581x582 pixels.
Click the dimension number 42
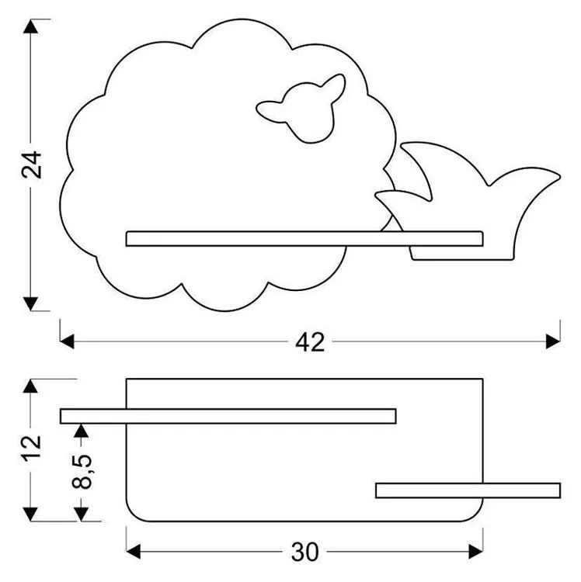310,341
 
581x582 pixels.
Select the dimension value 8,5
82,469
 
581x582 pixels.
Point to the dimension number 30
305,552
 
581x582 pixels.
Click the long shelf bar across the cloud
304,238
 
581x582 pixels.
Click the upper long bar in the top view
228,416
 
